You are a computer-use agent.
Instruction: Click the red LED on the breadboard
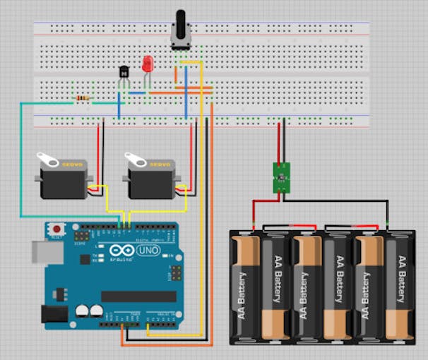coord(148,64)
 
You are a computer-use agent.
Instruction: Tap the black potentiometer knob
coord(180,27)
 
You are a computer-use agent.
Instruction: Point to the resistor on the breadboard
coord(83,98)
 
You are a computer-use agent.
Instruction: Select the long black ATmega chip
coord(138,296)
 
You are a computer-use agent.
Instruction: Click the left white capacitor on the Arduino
coord(82,311)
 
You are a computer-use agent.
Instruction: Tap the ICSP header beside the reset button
coord(83,234)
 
